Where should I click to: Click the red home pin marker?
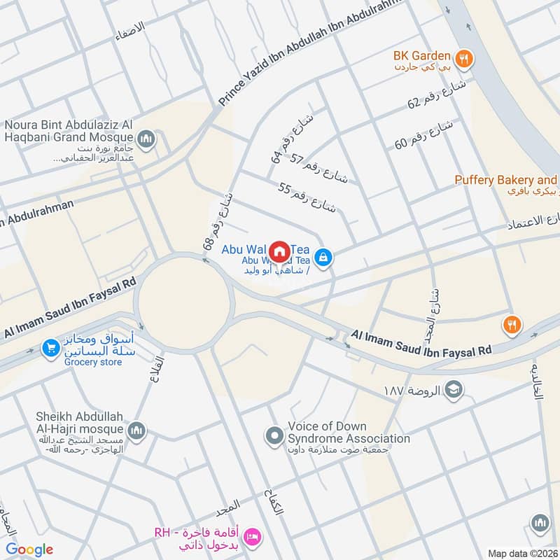pyautogui.click(x=279, y=251)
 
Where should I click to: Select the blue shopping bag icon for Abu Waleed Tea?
pyautogui.click(x=323, y=258)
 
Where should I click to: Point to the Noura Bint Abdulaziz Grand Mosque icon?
pyautogui.click(x=146, y=139)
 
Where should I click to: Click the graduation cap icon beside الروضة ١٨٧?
pyautogui.click(x=454, y=389)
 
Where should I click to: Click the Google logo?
pyautogui.click(x=29, y=549)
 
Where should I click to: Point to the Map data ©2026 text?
pyautogui.click(x=522, y=553)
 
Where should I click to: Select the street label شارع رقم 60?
pyautogui.click(x=424, y=134)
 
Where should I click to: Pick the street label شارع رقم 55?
pyautogui.click(x=307, y=197)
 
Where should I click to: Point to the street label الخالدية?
pyautogui.click(x=537, y=381)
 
